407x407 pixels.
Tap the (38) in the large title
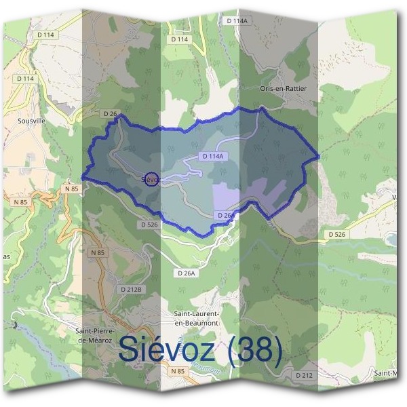click(x=255, y=349)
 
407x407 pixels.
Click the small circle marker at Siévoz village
click(x=152, y=178)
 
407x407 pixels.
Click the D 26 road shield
click(x=111, y=113)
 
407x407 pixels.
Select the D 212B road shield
click(x=132, y=289)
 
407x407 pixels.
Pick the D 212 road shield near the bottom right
click(x=305, y=374)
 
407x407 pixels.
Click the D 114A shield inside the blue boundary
click(x=212, y=156)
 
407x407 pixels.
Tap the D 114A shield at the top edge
click(x=237, y=21)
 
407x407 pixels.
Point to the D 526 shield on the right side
click(x=337, y=234)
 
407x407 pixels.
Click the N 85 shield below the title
click(x=178, y=371)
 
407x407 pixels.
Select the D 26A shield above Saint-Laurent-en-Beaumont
click(x=185, y=273)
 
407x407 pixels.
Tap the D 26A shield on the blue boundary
click(x=226, y=215)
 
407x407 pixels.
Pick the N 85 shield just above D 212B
click(x=98, y=252)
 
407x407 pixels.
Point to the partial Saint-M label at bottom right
click(x=391, y=373)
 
